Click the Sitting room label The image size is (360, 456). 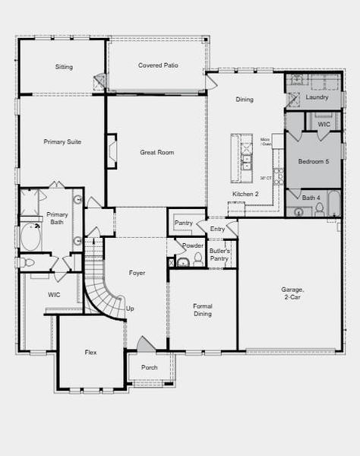[x=64, y=67]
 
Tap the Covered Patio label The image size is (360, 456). [x=158, y=65]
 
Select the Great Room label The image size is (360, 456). [x=156, y=152]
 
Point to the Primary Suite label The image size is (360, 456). [x=62, y=141]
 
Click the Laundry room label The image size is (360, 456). [x=317, y=97]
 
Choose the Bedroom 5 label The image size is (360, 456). [x=314, y=161]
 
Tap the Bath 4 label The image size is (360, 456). [x=311, y=198]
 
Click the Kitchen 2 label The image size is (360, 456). [x=245, y=195]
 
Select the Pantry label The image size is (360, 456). [x=183, y=223]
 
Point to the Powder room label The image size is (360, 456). [x=192, y=245]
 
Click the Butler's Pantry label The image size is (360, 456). [x=219, y=255]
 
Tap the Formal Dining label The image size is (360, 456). [x=203, y=309]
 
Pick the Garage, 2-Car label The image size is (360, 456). [x=292, y=293]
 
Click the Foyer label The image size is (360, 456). [x=137, y=272]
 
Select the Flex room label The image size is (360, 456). [x=90, y=352]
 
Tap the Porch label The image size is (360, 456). [x=149, y=367]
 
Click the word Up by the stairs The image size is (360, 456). [x=130, y=309]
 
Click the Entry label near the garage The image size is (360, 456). [x=217, y=228]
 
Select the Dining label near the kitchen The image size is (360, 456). [x=245, y=100]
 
